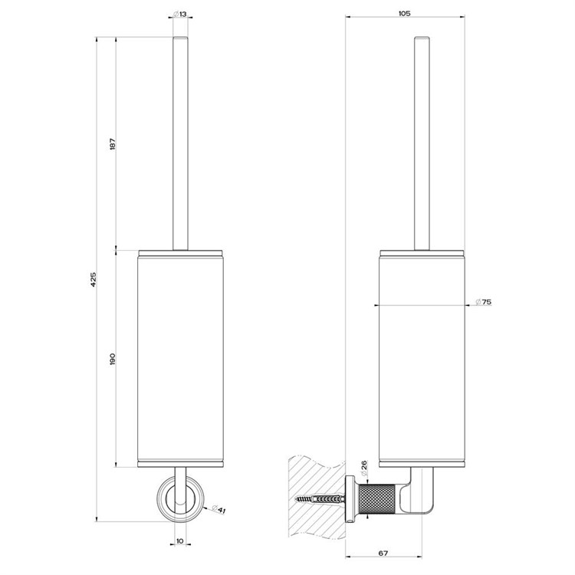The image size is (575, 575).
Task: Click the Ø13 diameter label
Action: [x=180, y=14]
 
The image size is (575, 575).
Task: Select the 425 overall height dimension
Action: [x=94, y=279]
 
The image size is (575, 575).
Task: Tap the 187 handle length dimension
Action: [x=113, y=143]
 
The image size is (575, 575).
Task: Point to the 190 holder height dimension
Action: [x=113, y=359]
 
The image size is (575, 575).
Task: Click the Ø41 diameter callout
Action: [x=219, y=509]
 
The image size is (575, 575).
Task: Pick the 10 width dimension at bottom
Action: [x=179, y=541]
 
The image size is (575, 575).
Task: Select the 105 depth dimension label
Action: [x=404, y=14]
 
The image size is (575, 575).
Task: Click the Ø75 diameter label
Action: [x=483, y=302]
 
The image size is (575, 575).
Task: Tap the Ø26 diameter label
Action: [x=363, y=468]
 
